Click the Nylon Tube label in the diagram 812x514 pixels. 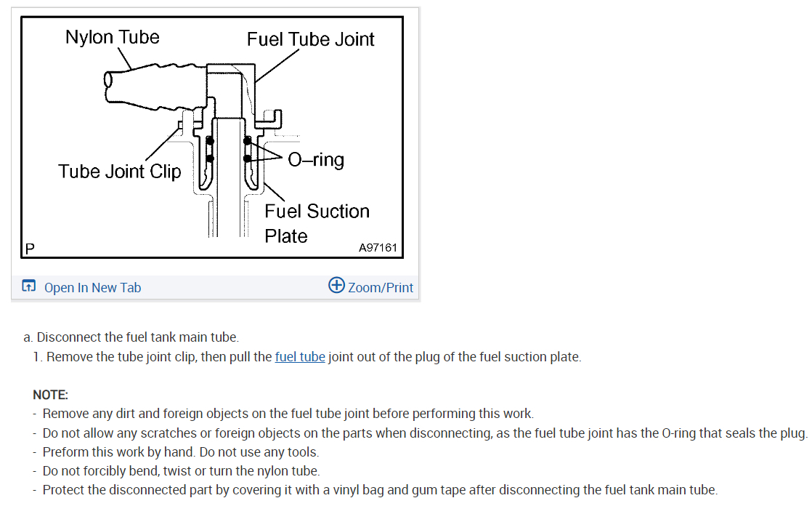[112, 37]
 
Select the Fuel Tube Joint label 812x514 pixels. [310, 39]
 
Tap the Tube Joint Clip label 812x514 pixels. [119, 172]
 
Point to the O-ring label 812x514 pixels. [316, 160]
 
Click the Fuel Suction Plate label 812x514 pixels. [317, 223]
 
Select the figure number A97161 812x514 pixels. [378, 248]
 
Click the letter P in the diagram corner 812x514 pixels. [30, 249]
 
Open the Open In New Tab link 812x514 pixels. [92, 288]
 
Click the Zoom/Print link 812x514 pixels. [381, 288]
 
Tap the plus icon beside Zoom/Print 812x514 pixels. [336, 285]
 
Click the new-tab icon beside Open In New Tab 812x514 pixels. [28, 287]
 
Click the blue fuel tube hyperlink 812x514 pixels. [300, 357]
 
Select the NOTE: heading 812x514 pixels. [50, 395]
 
